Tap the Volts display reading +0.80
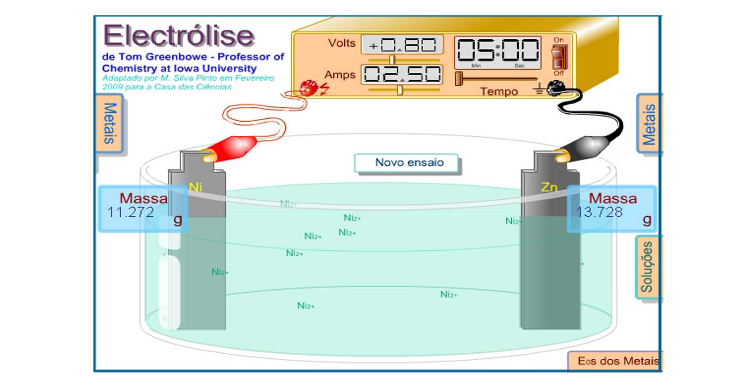click(x=402, y=45)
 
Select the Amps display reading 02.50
click(x=402, y=74)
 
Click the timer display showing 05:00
click(x=497, y=50)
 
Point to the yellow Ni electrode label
click(x=196, y=187)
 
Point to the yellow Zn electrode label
click(x=549, y=187)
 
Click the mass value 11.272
click(x=131, y=213)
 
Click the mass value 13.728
click(x=599, y=213)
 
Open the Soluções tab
click(x=647, y=267)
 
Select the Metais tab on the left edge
click(x=109, y=123)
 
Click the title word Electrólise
click(x=179, y=36)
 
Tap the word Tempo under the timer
click(x=499, y=91)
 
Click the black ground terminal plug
click(x=555, y=89)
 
